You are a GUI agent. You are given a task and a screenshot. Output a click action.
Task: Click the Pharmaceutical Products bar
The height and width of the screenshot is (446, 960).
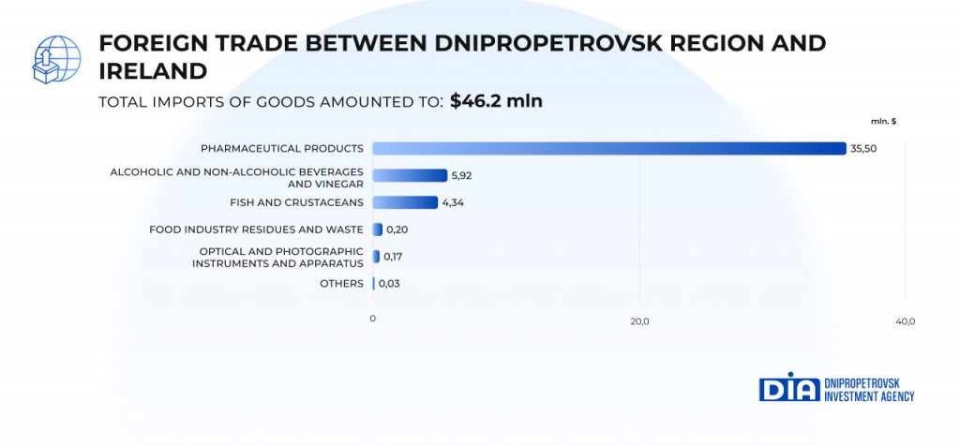[609, 148]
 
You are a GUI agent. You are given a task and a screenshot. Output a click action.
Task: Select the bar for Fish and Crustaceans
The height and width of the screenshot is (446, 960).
[405, 202]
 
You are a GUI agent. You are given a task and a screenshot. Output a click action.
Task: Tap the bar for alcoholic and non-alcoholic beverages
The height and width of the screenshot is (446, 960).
[410, 175]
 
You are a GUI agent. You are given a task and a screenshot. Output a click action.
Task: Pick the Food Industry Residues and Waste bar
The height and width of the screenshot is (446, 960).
[377, 230]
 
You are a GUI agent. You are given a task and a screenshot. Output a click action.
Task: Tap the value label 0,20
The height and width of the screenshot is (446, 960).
[397, 230]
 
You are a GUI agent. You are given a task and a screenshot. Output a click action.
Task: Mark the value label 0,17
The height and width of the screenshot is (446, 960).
[394, 257]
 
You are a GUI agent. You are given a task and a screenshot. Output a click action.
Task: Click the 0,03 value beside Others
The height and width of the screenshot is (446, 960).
[390, 283]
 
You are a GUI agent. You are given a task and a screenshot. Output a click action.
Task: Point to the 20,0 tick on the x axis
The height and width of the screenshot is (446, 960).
[639, 321]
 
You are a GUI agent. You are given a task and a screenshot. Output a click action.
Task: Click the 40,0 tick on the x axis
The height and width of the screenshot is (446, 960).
[905, 321]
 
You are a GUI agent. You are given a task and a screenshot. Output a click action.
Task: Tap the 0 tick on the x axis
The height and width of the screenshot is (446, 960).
[372, 320]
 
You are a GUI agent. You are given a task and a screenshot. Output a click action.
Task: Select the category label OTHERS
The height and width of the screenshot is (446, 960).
[341, 283]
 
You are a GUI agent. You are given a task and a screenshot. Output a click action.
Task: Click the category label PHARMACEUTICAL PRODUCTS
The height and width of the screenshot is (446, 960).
[281, 148]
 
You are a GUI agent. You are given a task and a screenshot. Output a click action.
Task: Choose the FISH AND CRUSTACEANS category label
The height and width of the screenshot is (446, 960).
[296, 202]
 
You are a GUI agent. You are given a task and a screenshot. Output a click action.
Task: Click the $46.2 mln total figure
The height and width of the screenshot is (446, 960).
[496, 101]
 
